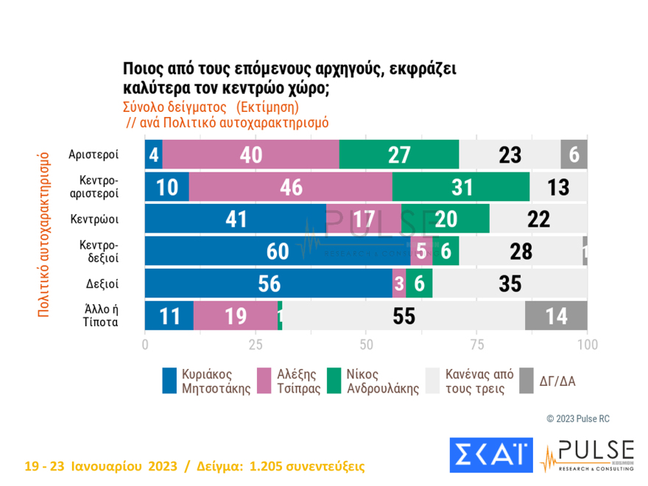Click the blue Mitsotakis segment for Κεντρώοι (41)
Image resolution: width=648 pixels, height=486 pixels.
pyautogui.click(x=235, y=219)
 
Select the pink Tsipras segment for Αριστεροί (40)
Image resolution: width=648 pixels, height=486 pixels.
pyautogui.click(x=250, y=155)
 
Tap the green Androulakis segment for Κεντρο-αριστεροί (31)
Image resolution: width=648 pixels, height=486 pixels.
pyautogui.click(x=461, y=187)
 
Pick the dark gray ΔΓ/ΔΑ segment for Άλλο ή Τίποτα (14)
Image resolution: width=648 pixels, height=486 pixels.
pyautogui.click(x=556, y=316)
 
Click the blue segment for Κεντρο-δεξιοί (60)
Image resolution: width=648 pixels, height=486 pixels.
pyautogui.click(x=278, y=252)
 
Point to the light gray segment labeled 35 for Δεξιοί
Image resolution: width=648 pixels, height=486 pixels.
pyautogui.click(x=510, y=283)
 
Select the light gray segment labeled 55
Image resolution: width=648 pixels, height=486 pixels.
pyautogui.click(x=404, y=316)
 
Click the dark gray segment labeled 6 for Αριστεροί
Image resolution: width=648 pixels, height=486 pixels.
pyautogui.click(x=574, y=155)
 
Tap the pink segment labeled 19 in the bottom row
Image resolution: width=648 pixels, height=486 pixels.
pyautogui.click(x=236, y=316)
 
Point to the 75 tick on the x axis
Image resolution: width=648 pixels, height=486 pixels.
pyautogui.click(x=476, y=344)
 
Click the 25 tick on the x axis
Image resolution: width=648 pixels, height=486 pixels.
pyautogui.click(x=256, y=344)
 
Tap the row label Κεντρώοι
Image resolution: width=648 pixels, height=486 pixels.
pyautogui.click(x=95, y=219)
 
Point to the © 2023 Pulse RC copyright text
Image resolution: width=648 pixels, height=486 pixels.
pyautogui.click(x=578, y=418)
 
